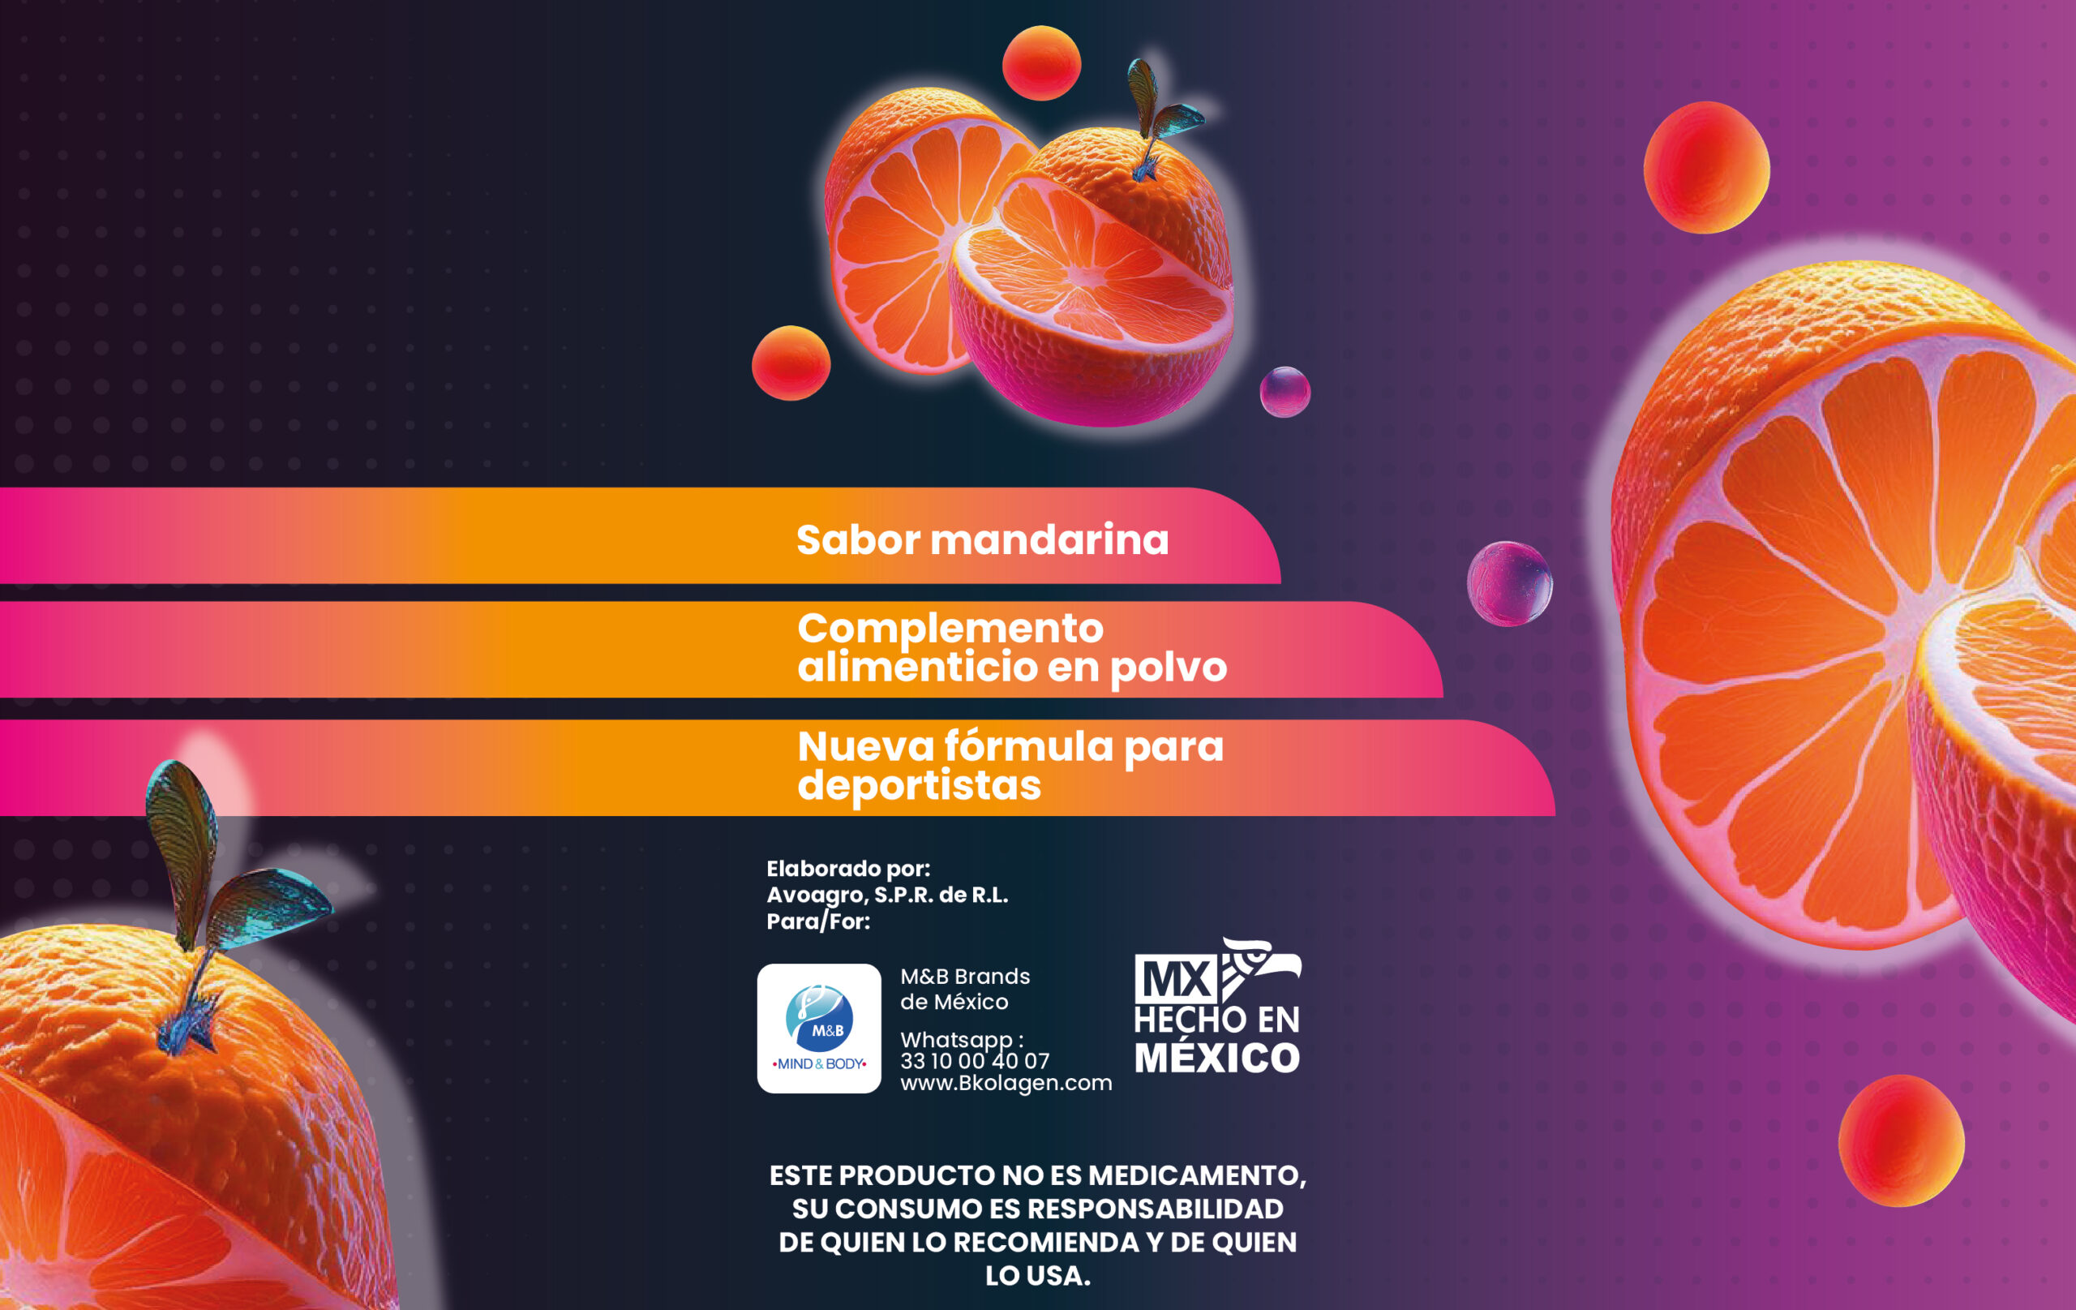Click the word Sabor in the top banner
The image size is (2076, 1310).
[x=858, y=540]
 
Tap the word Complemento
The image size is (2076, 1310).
[x=950, y=629]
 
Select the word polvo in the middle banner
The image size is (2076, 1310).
[x=1169, y=668]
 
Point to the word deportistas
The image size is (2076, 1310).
[x=919, y=787]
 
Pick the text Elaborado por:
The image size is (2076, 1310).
[x=848, y=869]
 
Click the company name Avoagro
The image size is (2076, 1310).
[x=816, y=896]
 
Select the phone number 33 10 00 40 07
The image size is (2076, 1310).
[x=974, y=1061]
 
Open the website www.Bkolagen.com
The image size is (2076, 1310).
[x=1006, y=1083]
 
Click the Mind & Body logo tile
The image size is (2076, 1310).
[x=819, y=1028]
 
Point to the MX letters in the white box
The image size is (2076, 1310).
[x=1175, y=980]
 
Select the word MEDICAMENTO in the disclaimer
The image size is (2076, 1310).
[x=1197, y=1175]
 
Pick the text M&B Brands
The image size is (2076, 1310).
[x=965, y=977]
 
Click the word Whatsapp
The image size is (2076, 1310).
[x=956, y=1040]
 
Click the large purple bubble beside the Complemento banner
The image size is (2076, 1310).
[x=1510, y=584]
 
